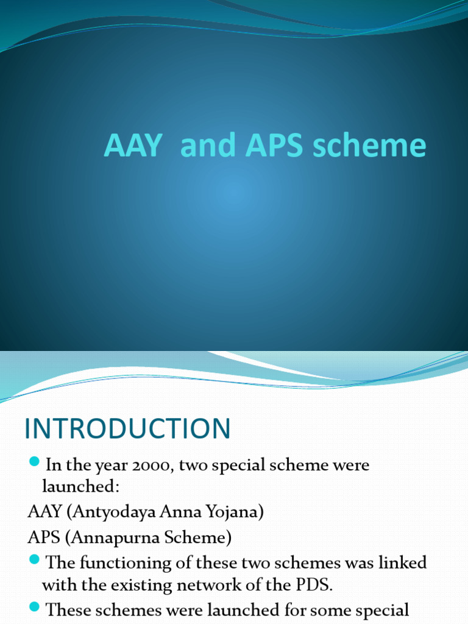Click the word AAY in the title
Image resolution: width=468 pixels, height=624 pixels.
pos(133,145)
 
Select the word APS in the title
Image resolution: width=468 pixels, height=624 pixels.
pos(267,145)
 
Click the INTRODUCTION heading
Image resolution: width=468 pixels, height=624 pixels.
pos(128,429)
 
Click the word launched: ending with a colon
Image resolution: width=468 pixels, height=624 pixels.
pos(76,486)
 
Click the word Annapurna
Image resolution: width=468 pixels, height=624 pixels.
pos(107,537)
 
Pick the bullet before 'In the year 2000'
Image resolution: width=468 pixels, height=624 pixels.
pos(34,461)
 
